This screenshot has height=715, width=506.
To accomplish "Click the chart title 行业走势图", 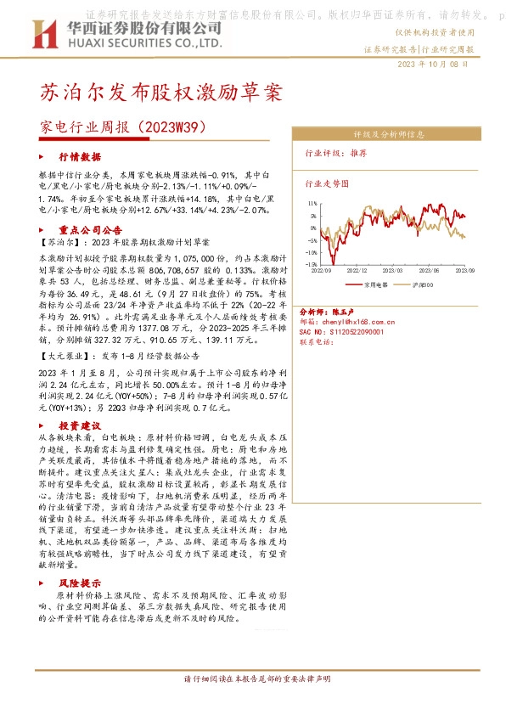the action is (x=325, y=183).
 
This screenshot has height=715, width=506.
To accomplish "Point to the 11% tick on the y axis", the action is (x=313, y=204).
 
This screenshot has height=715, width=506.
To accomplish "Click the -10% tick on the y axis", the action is (x=312, y=264).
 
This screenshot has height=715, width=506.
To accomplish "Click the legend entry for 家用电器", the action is (x=374, y=285).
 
